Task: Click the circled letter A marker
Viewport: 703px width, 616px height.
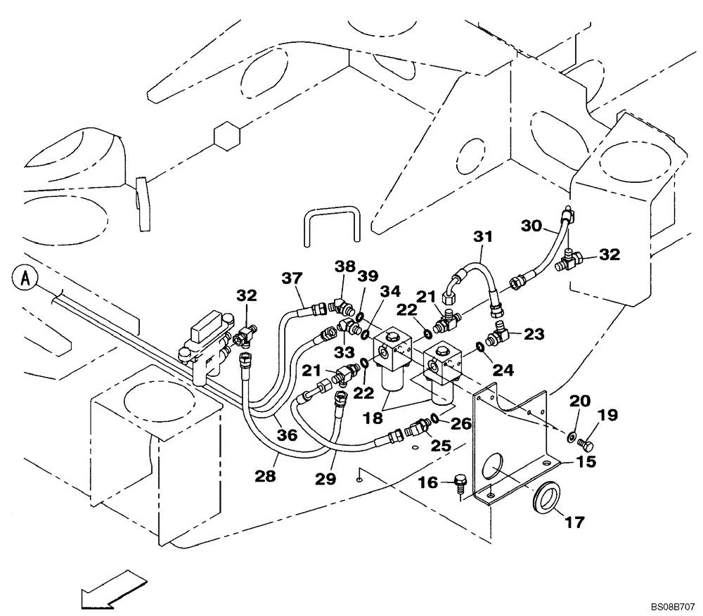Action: (27, 278)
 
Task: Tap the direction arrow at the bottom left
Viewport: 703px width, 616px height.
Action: (112, 590)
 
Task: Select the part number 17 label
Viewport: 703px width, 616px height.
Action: (574, 522)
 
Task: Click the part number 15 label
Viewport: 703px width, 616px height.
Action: (586, 462)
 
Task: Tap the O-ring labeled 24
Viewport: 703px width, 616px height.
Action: (480, 346)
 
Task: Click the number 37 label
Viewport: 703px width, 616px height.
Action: (292, 279)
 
